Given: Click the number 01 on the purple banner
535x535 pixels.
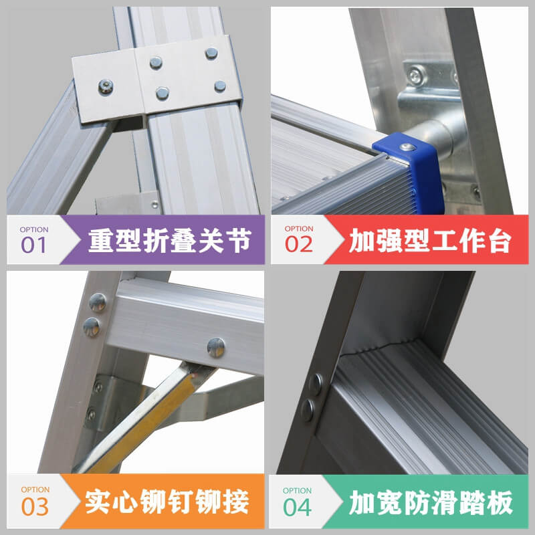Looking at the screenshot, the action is tap(33, 245).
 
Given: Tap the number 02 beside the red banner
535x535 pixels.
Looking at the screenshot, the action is tap(298, 244).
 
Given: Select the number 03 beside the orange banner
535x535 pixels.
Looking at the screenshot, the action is tap(35, 506).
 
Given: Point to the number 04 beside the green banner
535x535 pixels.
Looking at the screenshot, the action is tap(297, 507).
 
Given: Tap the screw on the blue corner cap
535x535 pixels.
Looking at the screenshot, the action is tap(407, 147).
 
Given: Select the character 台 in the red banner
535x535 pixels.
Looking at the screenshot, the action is tap(500, 241).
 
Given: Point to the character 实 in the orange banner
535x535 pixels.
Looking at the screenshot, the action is tap(98, 502).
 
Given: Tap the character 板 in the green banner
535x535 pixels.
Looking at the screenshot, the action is tap(500, 502).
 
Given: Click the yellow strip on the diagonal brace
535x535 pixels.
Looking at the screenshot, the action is tap(143, 423).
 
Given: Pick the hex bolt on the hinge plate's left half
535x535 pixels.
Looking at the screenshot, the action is tap(106, 87).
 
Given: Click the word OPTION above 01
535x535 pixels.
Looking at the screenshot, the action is tap(34, 229).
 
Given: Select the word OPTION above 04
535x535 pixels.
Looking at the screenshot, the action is tap(297, 491).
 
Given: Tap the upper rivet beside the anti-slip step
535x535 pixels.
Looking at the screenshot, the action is tap(316, 384).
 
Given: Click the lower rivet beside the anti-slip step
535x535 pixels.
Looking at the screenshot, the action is tap(308, 410).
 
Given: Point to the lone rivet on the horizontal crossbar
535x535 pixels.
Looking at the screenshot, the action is tap(216, 347).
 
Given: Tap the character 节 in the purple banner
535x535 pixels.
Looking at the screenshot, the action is tap(239, 241).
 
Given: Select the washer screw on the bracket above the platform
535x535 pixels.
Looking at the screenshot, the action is tap(417, 76).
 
